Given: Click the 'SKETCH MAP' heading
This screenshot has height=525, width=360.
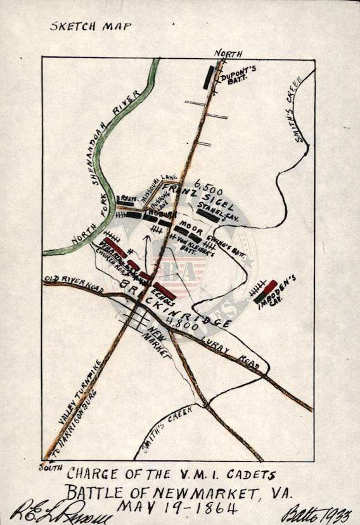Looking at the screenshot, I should (x=91, y=27).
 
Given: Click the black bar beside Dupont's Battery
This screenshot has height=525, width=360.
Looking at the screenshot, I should (x=209, y=77).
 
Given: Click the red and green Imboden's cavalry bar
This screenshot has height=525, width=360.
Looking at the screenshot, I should (x=266, y=291).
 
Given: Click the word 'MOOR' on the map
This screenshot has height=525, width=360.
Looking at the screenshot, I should (x=191, y=225).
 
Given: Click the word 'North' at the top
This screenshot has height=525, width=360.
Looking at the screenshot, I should (x=228, y=53).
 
